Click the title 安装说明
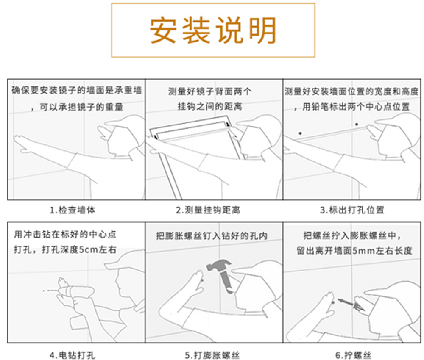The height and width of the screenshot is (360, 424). (x=213, y=30)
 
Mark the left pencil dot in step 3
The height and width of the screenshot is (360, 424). (x=300, y=133)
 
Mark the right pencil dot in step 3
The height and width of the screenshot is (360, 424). (x=357, y=124)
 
